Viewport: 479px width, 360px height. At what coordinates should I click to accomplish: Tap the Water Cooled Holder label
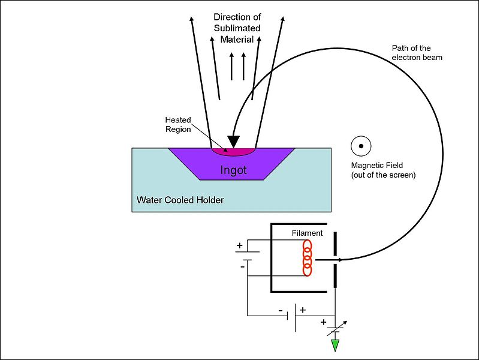tap(180, 200)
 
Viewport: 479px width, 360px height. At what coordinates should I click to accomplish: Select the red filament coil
tap(308, 258)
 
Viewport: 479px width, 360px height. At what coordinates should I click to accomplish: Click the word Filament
tap(308, 233)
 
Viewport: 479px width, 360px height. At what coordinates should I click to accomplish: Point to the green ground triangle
tap(335, 346)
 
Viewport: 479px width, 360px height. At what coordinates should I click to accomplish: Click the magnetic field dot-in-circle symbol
tap(361, 145)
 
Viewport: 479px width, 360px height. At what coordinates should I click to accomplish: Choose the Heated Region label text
tap(178, 125)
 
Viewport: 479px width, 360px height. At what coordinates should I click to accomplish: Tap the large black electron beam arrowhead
tap(233, 142)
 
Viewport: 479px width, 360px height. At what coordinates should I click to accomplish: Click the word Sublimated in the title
tap(238, 28)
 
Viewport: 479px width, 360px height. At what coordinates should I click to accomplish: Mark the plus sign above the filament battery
tap(240, 245)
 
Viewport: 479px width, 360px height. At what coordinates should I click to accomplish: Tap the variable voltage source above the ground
tap(335, 329)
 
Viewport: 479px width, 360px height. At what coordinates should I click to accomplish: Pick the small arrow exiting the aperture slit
tap(340, 260)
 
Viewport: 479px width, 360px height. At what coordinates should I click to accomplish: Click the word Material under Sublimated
tap(238, 39)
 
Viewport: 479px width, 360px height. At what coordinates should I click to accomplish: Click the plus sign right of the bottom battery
tap(302, 311)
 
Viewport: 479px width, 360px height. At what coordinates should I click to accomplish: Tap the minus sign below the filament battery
tap(243, 266)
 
